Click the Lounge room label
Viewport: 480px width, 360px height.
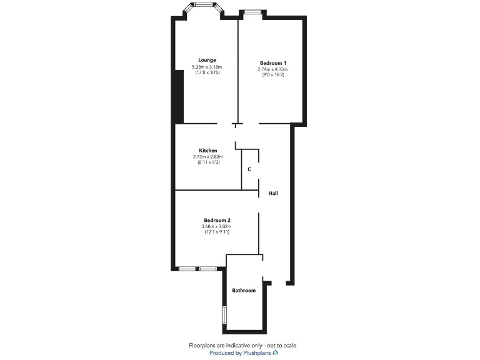207,60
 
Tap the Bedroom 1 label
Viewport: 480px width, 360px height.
273,63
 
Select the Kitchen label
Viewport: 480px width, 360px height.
208,151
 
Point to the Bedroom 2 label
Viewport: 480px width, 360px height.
217,220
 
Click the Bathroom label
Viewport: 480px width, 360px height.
244,291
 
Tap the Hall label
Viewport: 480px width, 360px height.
273,194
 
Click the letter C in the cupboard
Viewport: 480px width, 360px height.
249,169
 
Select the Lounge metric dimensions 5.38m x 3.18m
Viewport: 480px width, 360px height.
207,67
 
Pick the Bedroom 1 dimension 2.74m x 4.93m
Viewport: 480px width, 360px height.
273,69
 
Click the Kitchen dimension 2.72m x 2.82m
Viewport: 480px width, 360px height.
208,157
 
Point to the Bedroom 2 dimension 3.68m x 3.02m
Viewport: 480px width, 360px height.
217,226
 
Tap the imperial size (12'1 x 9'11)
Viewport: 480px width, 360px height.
217,232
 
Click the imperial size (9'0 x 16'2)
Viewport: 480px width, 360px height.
273,75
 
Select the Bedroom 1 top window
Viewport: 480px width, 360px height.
252,11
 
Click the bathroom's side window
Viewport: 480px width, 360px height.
224,315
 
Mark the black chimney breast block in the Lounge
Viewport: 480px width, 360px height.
178,97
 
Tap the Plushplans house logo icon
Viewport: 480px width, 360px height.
276,352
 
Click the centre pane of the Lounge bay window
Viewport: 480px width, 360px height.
204,5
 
